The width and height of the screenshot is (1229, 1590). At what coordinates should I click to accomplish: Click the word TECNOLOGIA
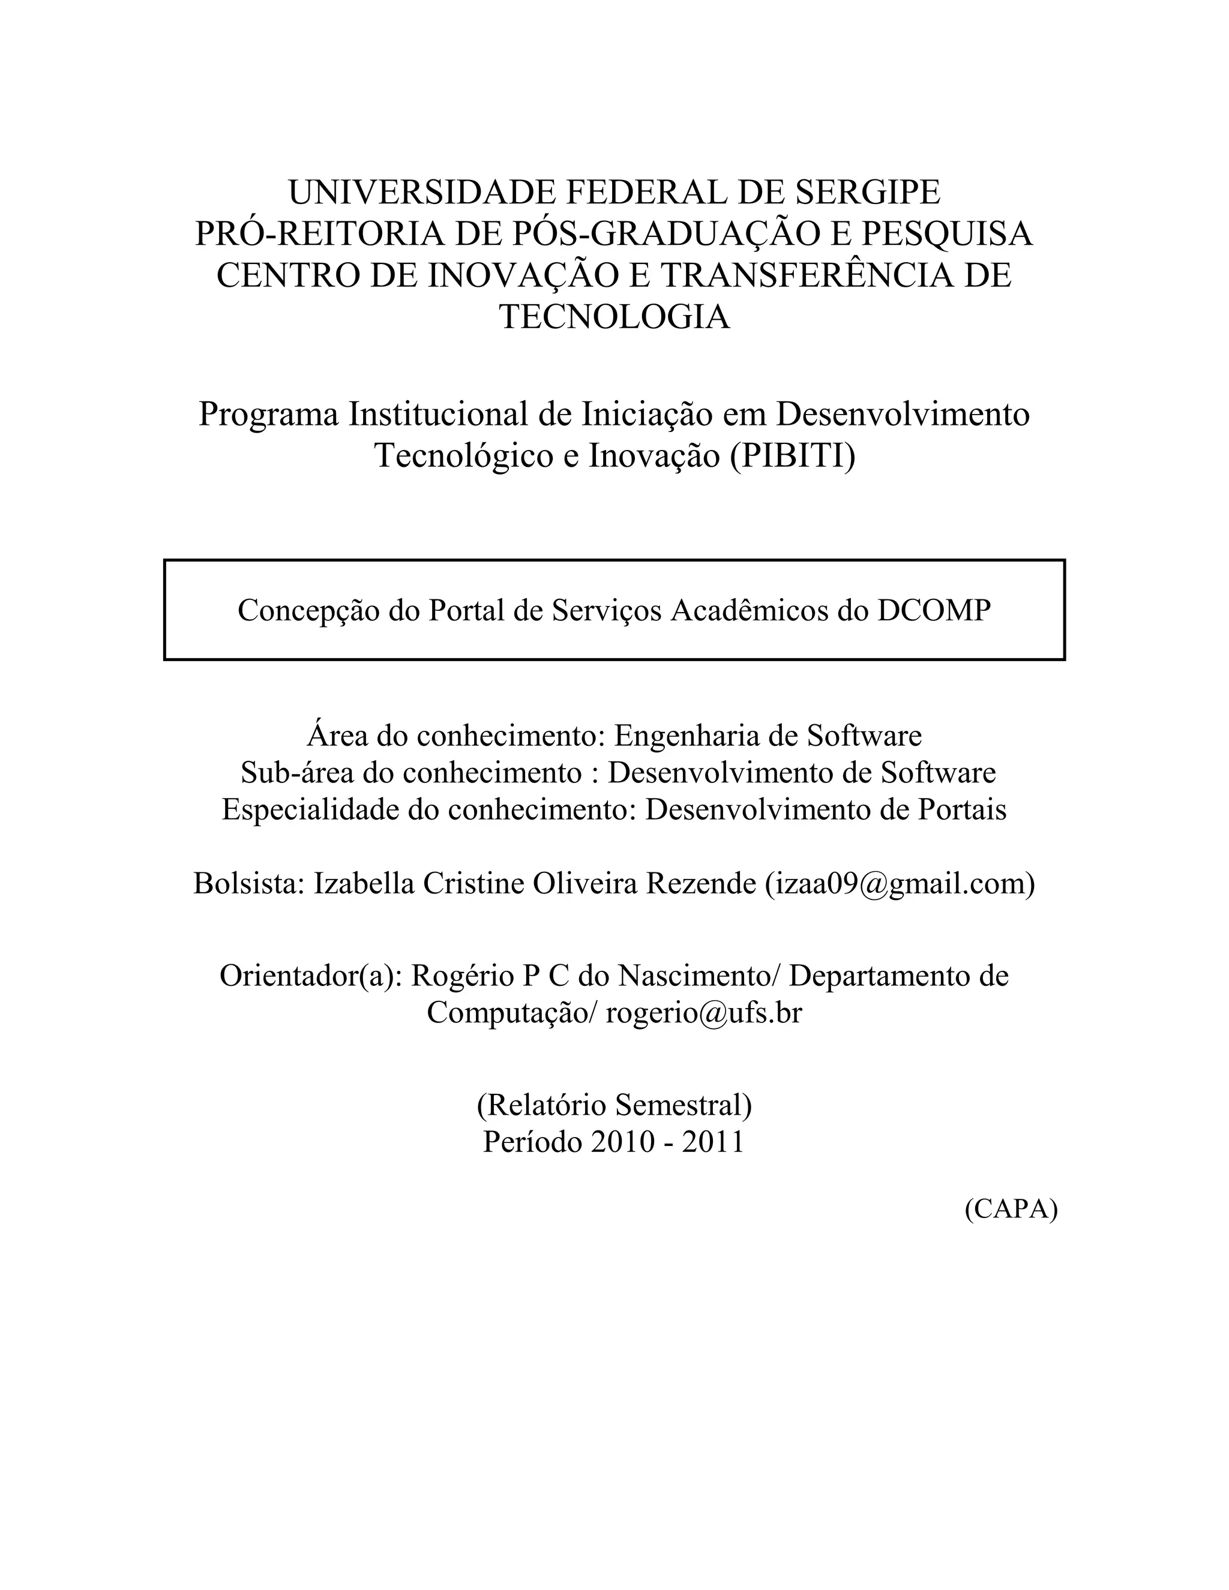(x=614, y=317)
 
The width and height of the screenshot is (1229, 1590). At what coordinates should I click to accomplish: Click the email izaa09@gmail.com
(x=900, y=883)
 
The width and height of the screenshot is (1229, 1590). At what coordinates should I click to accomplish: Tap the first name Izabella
(x=364, y=883)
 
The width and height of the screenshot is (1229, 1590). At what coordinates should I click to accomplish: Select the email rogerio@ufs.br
(x=703, y=1013)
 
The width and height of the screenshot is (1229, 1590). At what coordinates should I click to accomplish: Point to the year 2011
(x=713, y=1142)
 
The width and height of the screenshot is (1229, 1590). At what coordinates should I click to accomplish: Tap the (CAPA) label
(x=1011, y=1208)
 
